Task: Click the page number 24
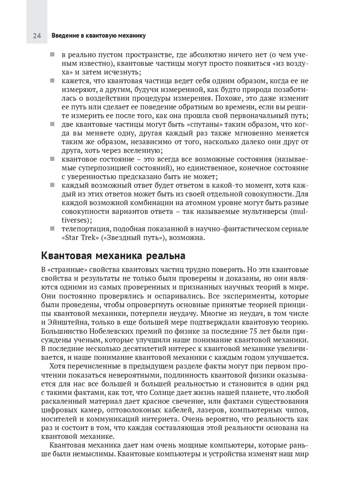pyautogui.click(x=37, y=36)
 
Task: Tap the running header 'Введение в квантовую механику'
pyautogui.click(x=98, y=36)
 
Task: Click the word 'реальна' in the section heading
pyautogui.click(x=166, y=256)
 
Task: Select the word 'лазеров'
pyautogui.click(x=207, y=410)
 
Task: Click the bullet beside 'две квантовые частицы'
pyautogui.click(x=52, y=124)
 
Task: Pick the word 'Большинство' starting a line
pyautogui.click(x=62, y=331)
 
